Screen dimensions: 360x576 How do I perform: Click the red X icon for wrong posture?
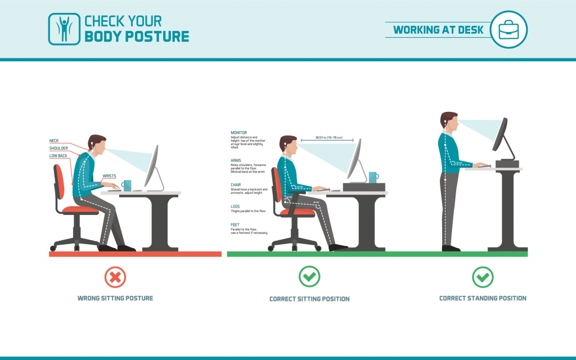point(115,276)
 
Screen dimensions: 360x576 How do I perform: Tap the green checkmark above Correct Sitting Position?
point(309,276)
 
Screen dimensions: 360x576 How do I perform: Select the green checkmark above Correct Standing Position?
point(483,276)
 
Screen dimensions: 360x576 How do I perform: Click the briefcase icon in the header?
point(508,29)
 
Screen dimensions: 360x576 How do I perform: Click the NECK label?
point(54,141)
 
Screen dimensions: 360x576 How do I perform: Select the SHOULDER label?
point(58,148)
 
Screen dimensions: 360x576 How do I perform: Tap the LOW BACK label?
point(58,156)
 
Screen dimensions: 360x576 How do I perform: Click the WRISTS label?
point(109,176)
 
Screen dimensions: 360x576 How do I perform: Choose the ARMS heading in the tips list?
point(235,160)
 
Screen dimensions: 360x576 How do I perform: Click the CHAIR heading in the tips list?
point(236,184)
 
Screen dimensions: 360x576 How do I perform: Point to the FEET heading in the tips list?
point(235,224)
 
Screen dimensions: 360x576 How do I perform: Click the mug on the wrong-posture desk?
point(126,185)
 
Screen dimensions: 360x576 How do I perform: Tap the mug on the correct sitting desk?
point(373,177)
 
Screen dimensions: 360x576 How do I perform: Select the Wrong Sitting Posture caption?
point(115,298)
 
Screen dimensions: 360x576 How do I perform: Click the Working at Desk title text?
point(438,30)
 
